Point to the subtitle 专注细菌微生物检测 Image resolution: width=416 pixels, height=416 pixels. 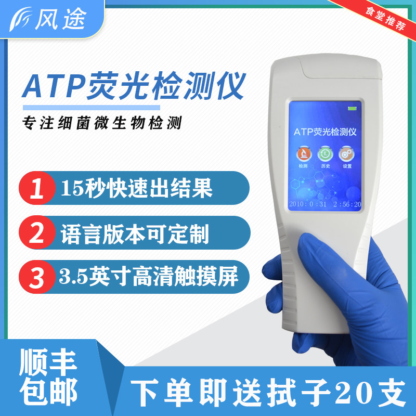click(x=101, y=124)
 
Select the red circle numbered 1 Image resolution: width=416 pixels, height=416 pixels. click(x=37, y=189)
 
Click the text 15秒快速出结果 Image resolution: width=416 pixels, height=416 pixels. click(x=136, y=189)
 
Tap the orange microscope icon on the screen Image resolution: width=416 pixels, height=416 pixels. click(x=303, y=153)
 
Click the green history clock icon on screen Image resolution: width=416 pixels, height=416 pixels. click(x=325, y=153)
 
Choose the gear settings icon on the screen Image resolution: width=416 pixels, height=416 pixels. click(x=346, y=153)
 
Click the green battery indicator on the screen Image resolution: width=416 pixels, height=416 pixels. click(x=354, y=109)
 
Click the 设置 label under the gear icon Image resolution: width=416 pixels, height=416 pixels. click(x=347, y=166)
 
